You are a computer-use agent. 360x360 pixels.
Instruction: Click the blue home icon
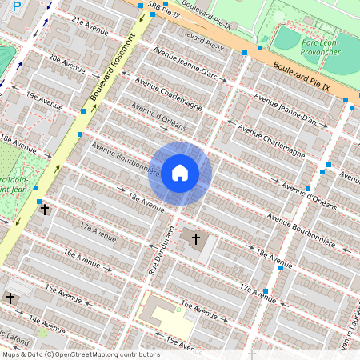pyautogui.click(x=180, y=173)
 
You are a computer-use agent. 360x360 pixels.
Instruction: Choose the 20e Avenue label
pyautogui.click(x=66, y=62)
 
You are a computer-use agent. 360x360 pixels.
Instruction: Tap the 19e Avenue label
pyautogui.click(x=44, y=100)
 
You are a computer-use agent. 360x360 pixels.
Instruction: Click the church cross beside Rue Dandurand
pyautogui.click(x=195, y=238)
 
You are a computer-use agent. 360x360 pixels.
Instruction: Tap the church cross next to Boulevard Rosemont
pyautogui.click(x=45, y=210)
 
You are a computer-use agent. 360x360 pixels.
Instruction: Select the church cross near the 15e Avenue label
pyautogui.click(x=10, y=298)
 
